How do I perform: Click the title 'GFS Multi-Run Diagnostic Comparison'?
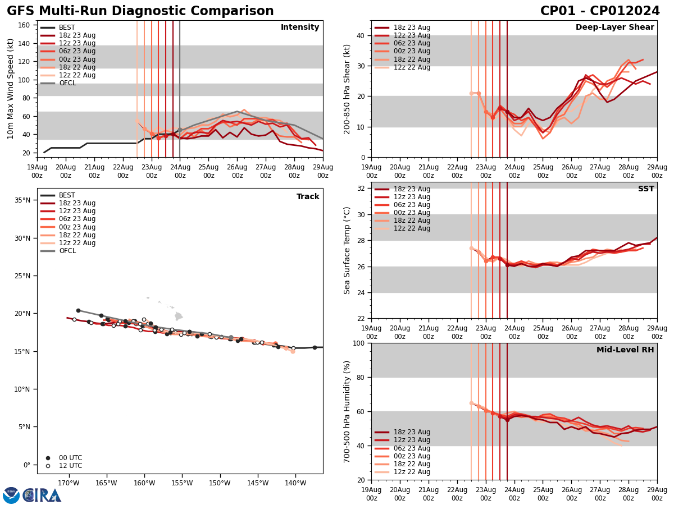pos(140,11)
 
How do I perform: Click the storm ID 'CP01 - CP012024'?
pos(600,11)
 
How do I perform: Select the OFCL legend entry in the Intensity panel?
pos(67,83)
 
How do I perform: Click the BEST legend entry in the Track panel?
pos(67,195)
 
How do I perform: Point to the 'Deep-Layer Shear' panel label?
pos(614,27)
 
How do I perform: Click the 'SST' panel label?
pos(646,189)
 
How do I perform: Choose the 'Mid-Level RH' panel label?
pos(625,350)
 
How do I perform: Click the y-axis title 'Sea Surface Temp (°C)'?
pos(347,250)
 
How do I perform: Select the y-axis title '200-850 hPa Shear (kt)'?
pos(347,89)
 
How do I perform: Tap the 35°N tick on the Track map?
pos(22,200)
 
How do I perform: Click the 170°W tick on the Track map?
pos(68,483)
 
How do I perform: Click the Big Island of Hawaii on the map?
pos(178,316)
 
